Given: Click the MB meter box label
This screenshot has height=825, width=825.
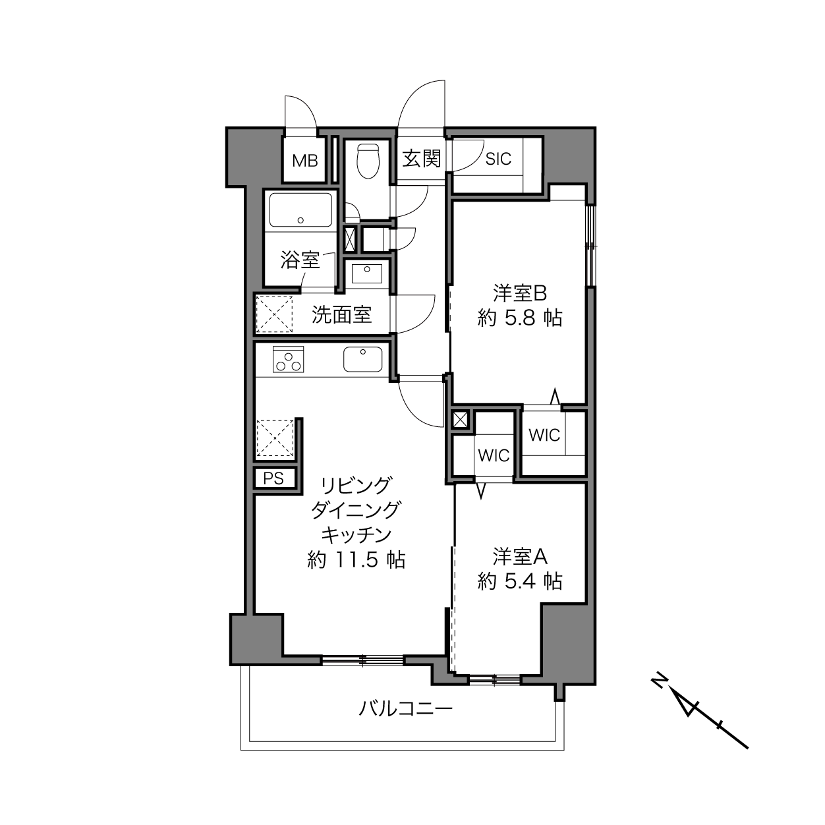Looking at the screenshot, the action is [305, 161].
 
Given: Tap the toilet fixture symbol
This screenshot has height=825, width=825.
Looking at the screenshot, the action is [368, 161].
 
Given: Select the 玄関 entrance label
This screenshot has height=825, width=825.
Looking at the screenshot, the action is [421, 159].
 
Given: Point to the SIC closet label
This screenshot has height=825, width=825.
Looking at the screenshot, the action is [498, 159].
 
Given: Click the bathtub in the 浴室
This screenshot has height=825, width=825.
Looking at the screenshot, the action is [300, 210].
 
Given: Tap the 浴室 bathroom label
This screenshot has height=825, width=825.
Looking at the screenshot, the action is [300, 260].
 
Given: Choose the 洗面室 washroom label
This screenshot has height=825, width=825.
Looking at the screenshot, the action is [341, 315].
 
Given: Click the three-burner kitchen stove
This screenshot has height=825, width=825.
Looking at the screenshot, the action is [288, 359].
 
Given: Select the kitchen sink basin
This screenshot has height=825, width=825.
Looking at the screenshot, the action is [362, 359].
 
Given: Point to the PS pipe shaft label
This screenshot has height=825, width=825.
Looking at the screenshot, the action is [273, 478].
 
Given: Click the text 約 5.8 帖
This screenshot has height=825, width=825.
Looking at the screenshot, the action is [519, 318].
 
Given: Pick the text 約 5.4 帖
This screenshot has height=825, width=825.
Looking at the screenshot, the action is [519, 581].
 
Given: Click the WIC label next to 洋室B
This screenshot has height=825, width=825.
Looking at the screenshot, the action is [544, 436].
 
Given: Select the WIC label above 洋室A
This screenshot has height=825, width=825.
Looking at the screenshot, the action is [494, 456].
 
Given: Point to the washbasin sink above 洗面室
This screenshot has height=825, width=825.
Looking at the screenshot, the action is [367, 273].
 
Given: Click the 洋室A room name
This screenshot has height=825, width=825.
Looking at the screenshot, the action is [520, 557].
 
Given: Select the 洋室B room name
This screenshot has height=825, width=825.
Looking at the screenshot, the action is [520, 294].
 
